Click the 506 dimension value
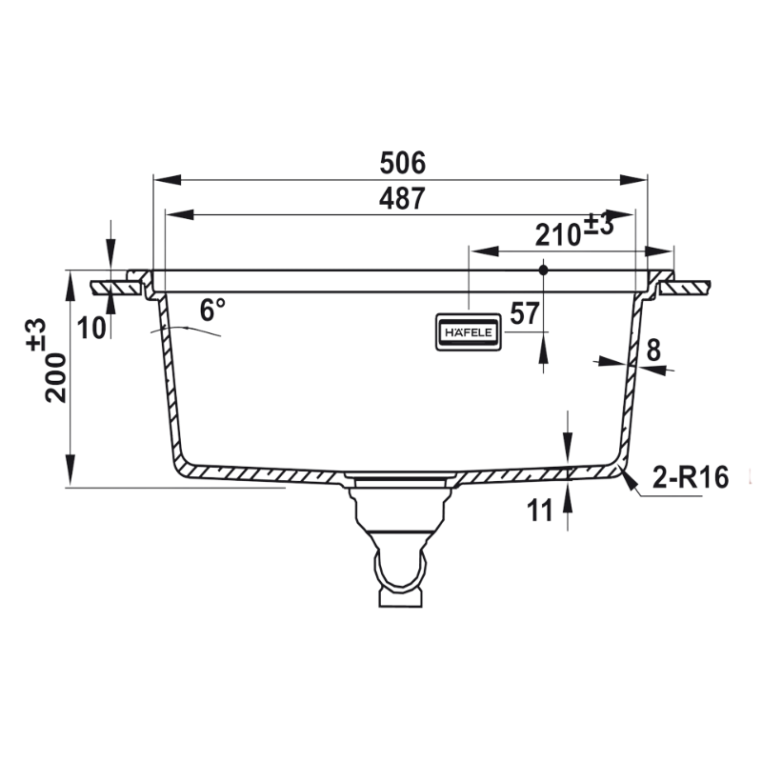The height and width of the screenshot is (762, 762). click(402, 163)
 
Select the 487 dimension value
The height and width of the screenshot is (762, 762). click(402, 198)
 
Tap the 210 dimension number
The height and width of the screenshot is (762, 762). click(558, 235)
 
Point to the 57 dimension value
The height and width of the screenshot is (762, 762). click(525, 313)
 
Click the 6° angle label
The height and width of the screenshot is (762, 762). click(212, 311)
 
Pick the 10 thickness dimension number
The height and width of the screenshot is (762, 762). click(91, 328)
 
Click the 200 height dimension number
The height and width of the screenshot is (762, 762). click(55, 378)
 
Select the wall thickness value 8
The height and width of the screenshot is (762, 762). click(653, 351)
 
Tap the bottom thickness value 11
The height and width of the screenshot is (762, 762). click(540, 511)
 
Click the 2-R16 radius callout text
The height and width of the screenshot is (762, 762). click(690, 477)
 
